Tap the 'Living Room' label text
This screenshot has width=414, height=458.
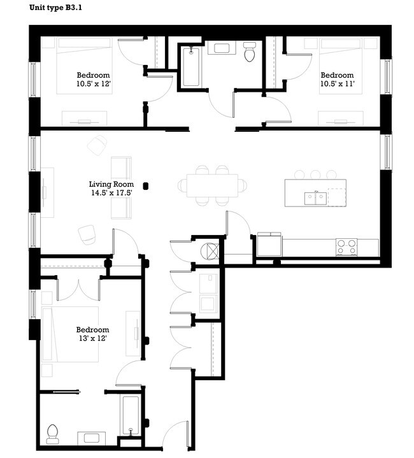[111, 185]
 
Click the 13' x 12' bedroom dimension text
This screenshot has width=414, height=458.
[92, 338]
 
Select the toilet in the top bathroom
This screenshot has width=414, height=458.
[249, 52]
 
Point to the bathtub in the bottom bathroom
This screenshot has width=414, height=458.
[131, 415]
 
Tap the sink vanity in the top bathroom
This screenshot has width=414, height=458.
[222, 48]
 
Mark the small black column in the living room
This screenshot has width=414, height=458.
[146, 185]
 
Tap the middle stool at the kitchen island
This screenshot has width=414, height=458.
[315, 174]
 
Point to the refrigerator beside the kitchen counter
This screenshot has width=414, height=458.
[269, 245]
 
